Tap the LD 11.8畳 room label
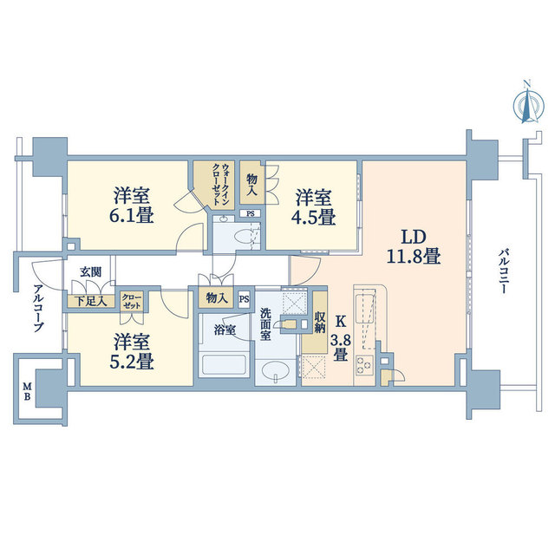(x=413, y=246)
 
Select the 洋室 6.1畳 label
(x=132, y=206)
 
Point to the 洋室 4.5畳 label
(x=313, y=207)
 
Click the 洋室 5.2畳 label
(x=132, y=351)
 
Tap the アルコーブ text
(x=38, y=308)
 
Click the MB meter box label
(x=27, y=391)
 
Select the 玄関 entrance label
(x=90, y=271)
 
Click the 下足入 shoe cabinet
(x=91, y=301)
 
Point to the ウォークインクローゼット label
(x=219, y=184)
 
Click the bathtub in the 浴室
(x=223, y=365)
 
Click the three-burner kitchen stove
(x=364, y=364)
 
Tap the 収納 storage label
(x=319, y=322)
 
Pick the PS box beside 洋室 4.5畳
(x=251, y=214)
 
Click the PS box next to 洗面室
(x=244, y=299)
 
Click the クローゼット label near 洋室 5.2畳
(x=131, y=301)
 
